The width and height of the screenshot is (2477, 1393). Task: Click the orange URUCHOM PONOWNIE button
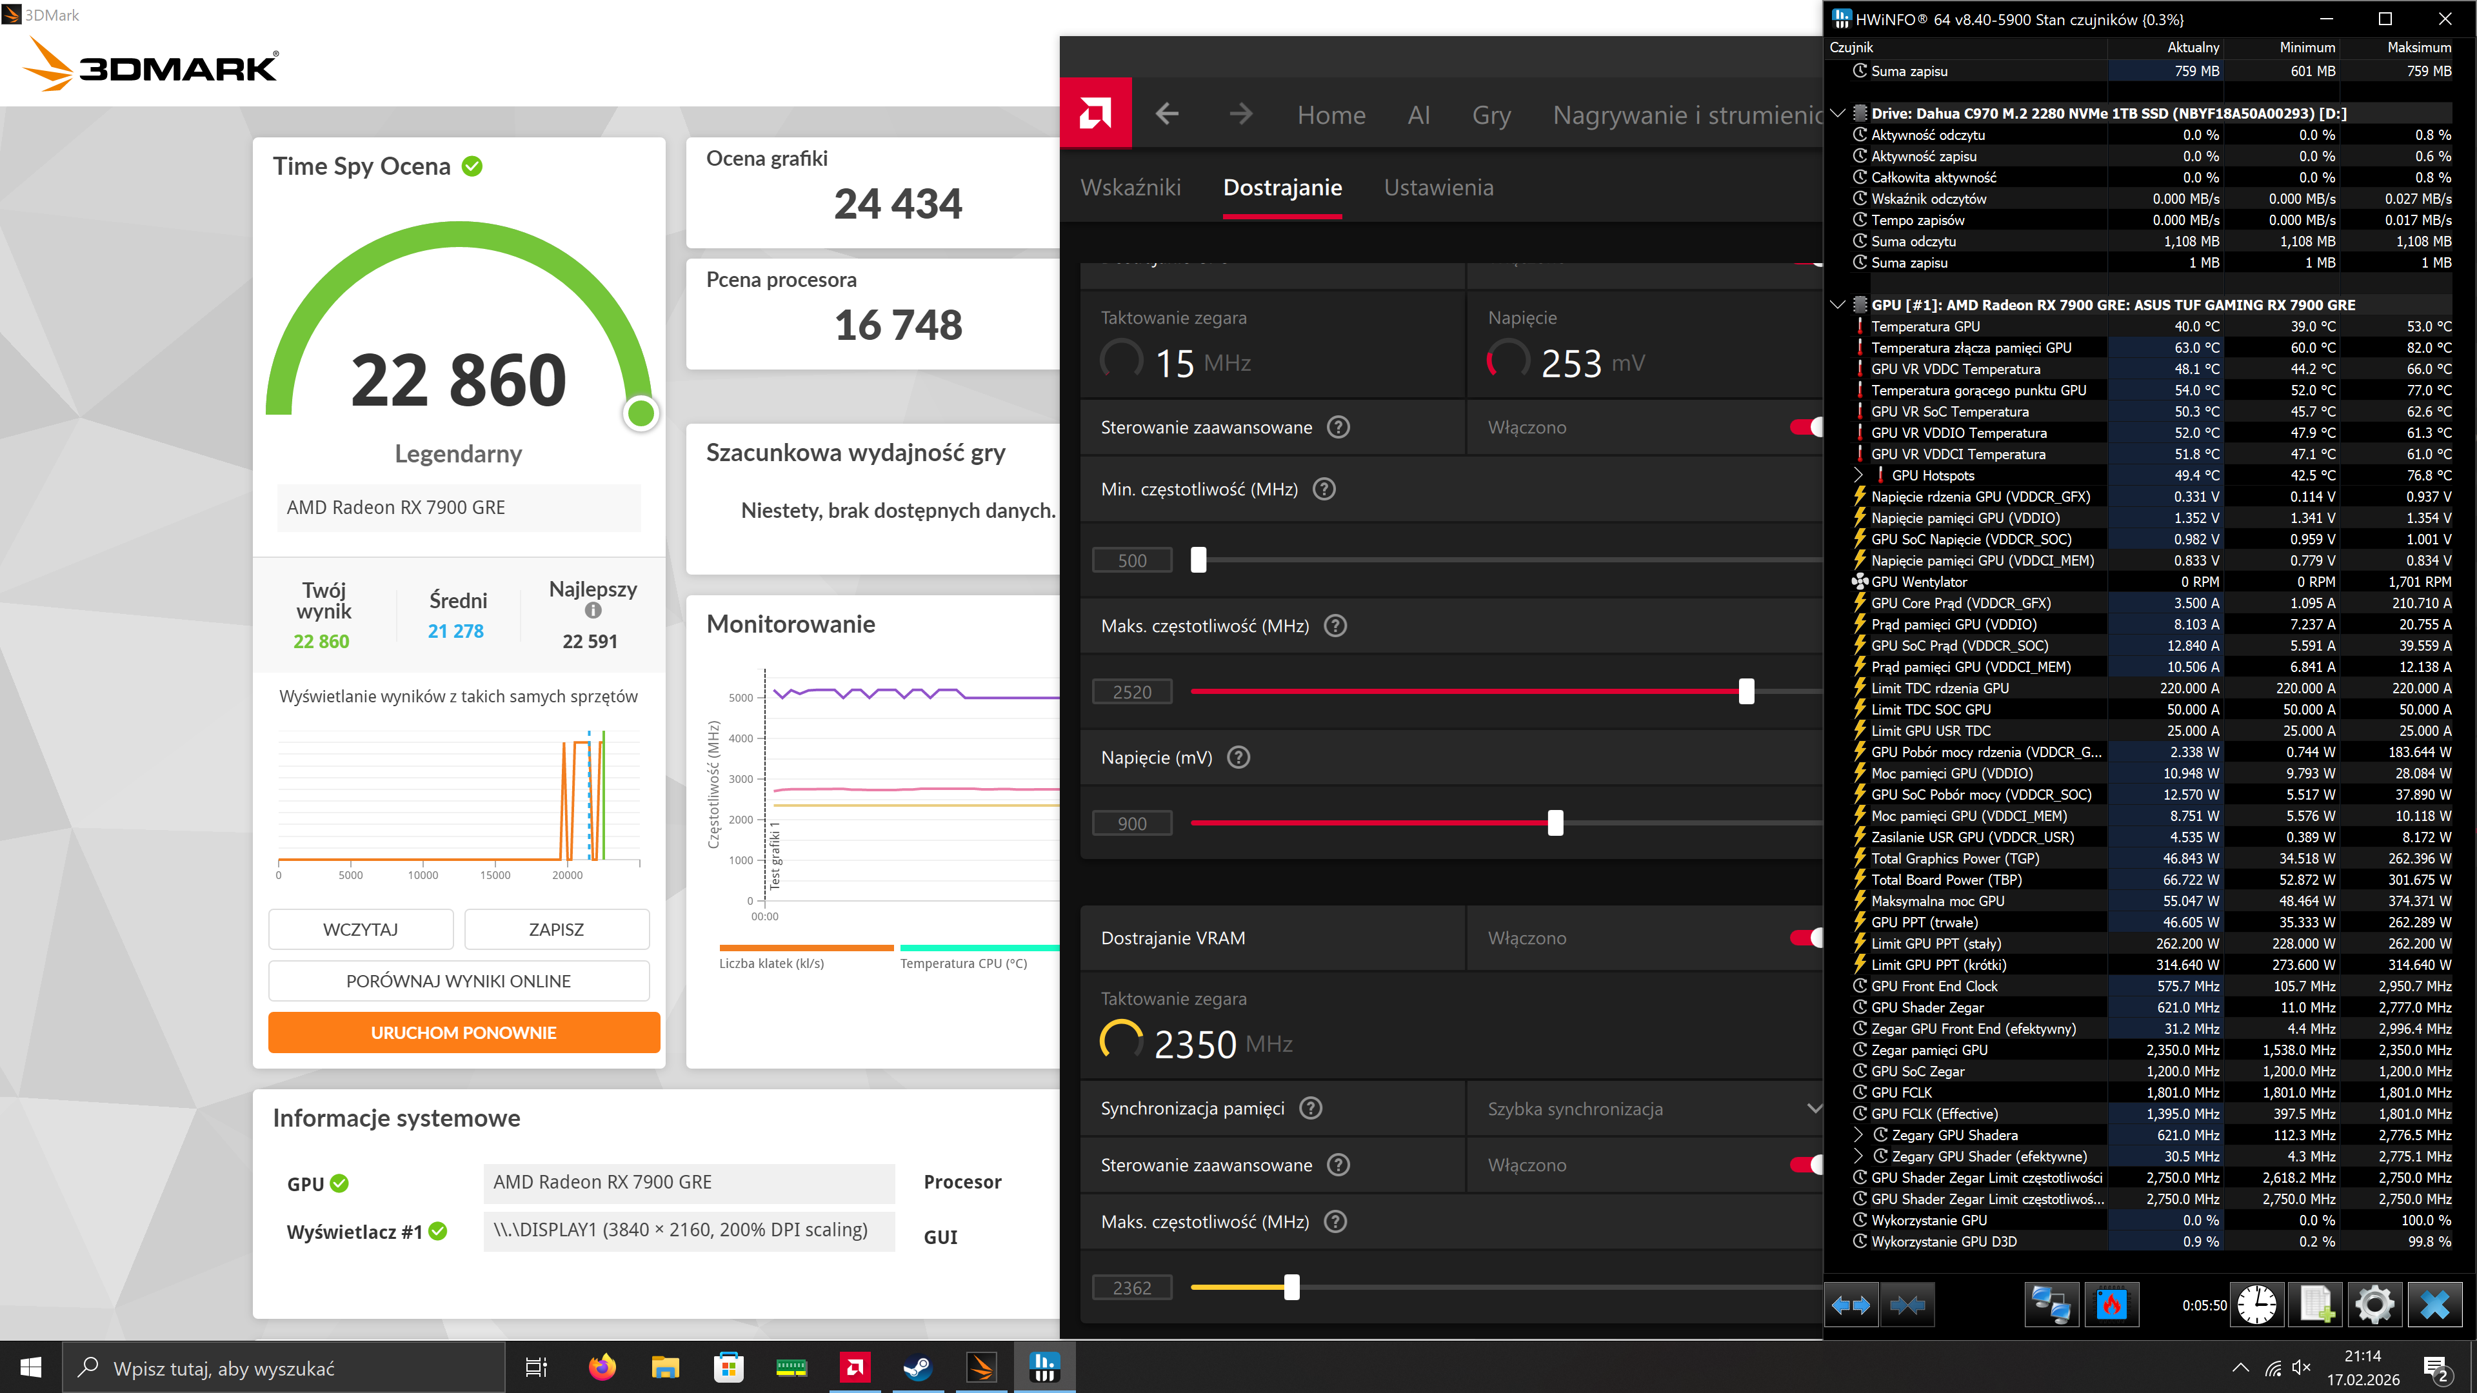pos(464,1032)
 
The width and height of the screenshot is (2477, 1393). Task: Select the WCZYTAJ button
pos(361,929)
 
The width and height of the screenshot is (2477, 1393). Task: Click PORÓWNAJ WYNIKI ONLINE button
pos(459,980)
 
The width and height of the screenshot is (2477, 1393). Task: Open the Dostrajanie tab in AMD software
pos(1282,188)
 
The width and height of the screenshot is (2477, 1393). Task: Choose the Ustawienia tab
pos(1438,188)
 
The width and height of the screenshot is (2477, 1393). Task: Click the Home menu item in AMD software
pos(1331,115)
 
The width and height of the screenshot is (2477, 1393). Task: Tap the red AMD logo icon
pos(1095,114)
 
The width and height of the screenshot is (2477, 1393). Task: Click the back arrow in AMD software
pos(1166,114)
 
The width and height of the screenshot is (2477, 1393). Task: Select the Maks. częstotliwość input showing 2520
pos(1132,692)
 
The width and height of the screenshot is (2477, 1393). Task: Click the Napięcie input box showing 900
pos(1132,824)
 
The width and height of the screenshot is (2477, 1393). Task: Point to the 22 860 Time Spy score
pos(459,380)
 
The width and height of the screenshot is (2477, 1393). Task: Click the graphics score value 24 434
pos(897,204)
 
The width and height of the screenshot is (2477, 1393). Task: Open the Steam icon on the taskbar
pos(917,1367)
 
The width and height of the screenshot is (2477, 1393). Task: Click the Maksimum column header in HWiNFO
pos(2418,47)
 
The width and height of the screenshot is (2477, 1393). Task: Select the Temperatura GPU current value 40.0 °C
pos(2196,327)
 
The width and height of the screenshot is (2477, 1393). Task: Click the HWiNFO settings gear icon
pos(2373,1305)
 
